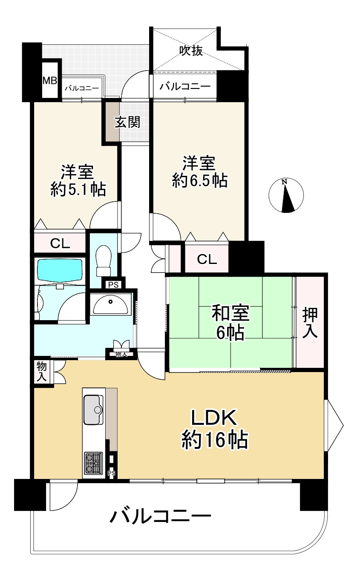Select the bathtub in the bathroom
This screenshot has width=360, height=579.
(59, 270)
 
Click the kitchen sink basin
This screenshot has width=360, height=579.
(93, 410)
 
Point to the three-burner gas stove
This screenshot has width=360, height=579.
(93, 463)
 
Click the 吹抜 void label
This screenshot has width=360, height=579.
(190, 51)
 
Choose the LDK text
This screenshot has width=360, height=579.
(213, 419)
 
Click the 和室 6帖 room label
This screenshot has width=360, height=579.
(230, 323)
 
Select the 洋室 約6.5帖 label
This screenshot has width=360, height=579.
(199, 172)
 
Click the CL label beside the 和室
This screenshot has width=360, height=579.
(207, 258)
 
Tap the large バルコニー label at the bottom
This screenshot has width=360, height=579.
(161, 516)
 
